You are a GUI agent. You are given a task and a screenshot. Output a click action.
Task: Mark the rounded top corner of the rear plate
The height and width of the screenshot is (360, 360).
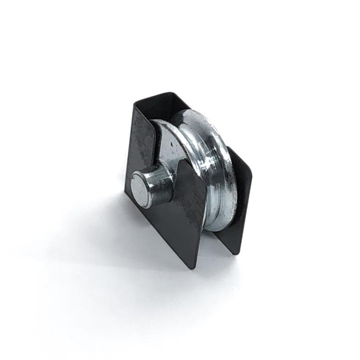248,169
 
